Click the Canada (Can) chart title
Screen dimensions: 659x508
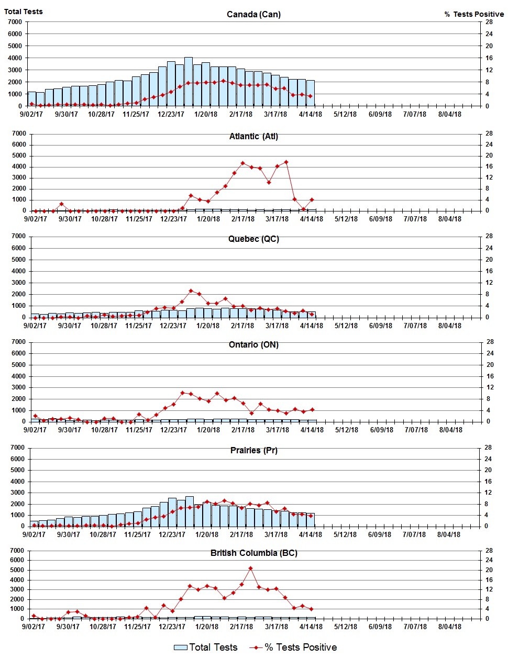pyautogui.click(x=253, y=14)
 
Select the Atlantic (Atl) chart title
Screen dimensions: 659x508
pyautogui.click(x=253, y=136)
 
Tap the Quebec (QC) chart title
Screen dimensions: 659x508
pyautogui.click(x=253, y=239)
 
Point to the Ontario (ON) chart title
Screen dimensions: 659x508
pyautogui.click(x=253, y=344)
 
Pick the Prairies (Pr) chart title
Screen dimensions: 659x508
pyautogui.click(x=253, y=450)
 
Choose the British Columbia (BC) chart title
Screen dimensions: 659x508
pyautogui.click(x=253, y=553)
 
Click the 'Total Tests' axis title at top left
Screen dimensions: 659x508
pyautogui.click(x=24, y=12)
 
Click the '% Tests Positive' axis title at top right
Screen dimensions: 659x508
pyautogui.click(x=474, y=14)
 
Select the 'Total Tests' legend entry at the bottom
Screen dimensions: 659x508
pyautogui.click(x=206, y=647)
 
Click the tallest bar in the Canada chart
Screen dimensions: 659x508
pyautogui.click(x=189, y=81)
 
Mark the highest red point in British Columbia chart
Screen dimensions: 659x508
pyautogui.click(x=250, y=568)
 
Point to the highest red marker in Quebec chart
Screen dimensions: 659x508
pyautogui.click(x=191, y=291)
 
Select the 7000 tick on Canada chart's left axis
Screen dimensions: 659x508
pyautogui.click(x=15, y=22)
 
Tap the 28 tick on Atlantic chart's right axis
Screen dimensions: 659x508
pyautogui.click(x=489, y=133)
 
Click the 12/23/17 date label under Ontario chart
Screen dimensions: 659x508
pyautogui.click(x=173, y=430)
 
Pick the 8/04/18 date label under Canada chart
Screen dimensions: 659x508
pyautogui.click(x=449, y=114)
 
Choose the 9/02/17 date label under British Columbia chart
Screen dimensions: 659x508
pyautogui.click(x=34, y=627)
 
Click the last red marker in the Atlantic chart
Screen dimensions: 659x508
pyautogui.click(x=312, y=199)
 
